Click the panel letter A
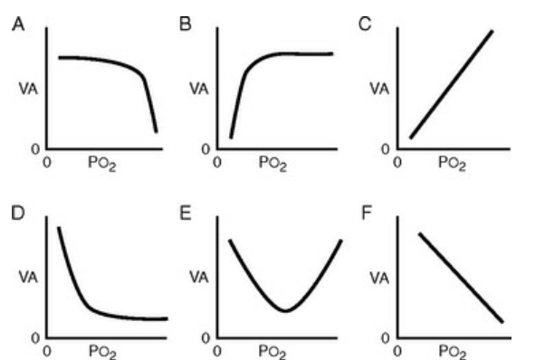[x=18, y=24]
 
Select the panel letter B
[x=186, y=24]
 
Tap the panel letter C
[x=365, y=24]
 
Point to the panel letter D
[x=18, y=213]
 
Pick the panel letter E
[x=186, y=213]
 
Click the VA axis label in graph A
[x=28, y=90]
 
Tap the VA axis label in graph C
[x=379, y=89]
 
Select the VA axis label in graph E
[x=199, y=277]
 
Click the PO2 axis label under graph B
[x=272, y=163]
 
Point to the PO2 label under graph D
[x=102, y=351]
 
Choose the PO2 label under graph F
[x=452, y=351]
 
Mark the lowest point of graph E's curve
[x=285, y=311]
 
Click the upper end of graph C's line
[x=492, y=32]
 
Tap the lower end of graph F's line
[x=502, y=322]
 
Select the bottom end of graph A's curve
[x=157, y=131]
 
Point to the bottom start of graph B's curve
[x=231, y=137]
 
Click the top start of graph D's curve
[x=59, y=228]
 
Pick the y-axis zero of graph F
[x=385, y=337]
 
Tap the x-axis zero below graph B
[x=217, y=162]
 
